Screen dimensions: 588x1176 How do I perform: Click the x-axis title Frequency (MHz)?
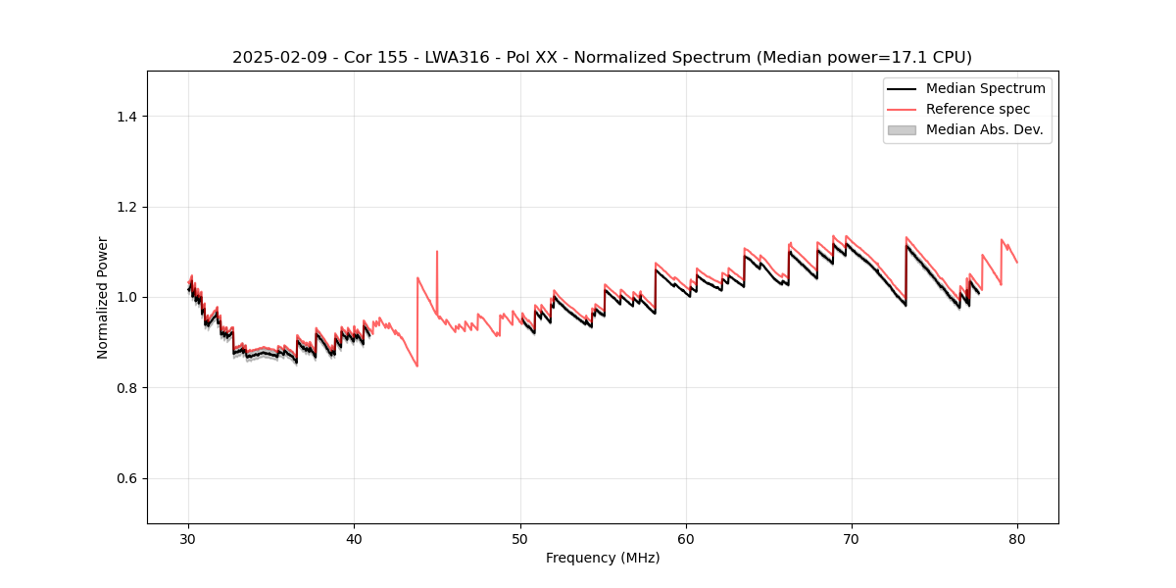pyautogui.click(x=603, y=558)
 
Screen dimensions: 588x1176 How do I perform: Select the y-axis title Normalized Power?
pyautogui.click(x=103, y=297)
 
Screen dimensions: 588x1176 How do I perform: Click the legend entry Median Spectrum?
pyautogui.click(x=985, y=88)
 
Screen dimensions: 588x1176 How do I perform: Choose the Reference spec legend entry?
pyautogui.click(x=977, y=109)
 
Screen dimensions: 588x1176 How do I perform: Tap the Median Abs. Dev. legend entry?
pyautogui.click(x=984, y=129)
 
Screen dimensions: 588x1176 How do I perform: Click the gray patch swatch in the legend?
pyautogui.click(x=902, y=129)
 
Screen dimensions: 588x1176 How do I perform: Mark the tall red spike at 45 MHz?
pyautogui.click(x=437, y=252)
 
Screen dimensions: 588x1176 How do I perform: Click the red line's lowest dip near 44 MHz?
pyautogui.click(x=417, y=366)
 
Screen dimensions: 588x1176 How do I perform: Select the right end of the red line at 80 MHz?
pyautogui.click(x=1016, y=263)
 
